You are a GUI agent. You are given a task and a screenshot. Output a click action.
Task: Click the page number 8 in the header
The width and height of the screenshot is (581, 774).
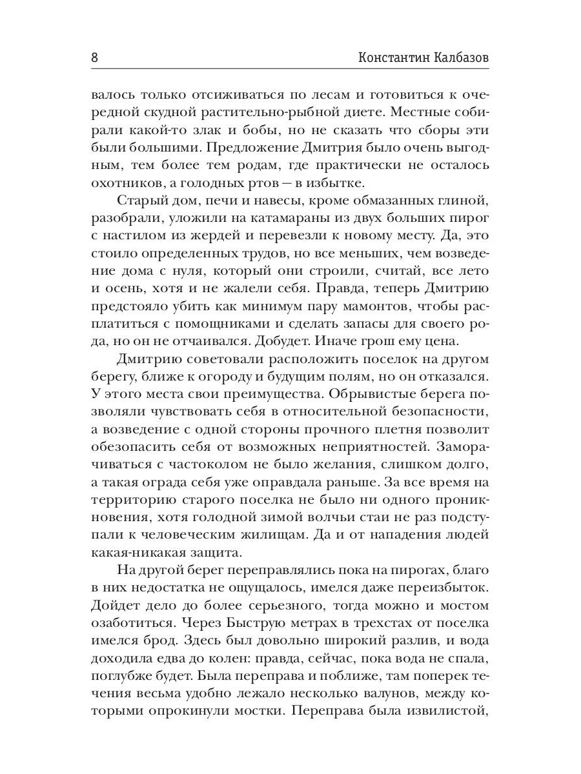click(95, 57)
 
